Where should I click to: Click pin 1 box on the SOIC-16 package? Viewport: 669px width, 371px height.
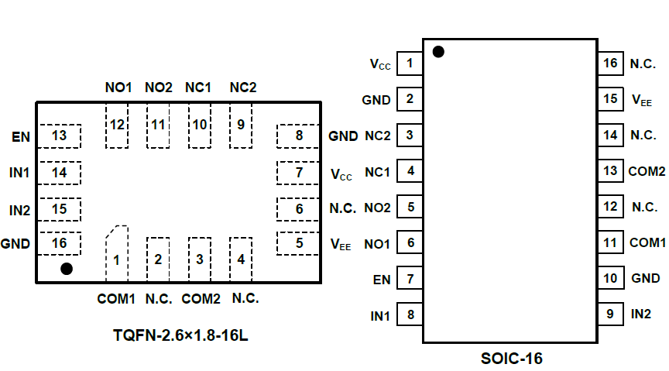click(x=410, y=64)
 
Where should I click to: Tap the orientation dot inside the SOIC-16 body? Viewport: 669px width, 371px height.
click(x=438, y=52)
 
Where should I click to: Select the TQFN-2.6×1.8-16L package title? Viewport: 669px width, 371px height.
click(x=180, y=335)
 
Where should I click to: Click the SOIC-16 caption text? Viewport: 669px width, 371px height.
click(x=511, y=359)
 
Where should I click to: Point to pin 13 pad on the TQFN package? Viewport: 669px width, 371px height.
click(x=60, y=136)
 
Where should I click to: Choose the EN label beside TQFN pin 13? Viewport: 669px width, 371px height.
click(x=21, y=137)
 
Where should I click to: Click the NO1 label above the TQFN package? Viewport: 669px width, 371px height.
click(x=118, y=88)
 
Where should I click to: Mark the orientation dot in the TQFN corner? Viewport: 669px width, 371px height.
click(x=67, y=269)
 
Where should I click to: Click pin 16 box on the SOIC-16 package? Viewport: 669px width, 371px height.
click(x=611, y=64)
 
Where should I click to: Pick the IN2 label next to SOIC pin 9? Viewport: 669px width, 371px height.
click(x=641, y=314)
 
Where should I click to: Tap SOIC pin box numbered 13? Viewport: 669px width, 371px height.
click(x=611, y=171)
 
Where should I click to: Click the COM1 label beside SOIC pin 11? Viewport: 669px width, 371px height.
click(x=647, y=242)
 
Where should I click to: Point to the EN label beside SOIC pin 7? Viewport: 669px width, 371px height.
click(x=381, y=278)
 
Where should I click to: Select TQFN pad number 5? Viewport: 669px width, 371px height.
click(x=299, y=243)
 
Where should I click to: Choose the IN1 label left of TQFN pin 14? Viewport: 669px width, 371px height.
click(x=19, y=173)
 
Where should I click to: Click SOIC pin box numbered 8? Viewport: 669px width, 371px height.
click(x=410, y=314)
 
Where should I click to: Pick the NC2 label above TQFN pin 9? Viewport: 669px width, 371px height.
click(x=242, y=88)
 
